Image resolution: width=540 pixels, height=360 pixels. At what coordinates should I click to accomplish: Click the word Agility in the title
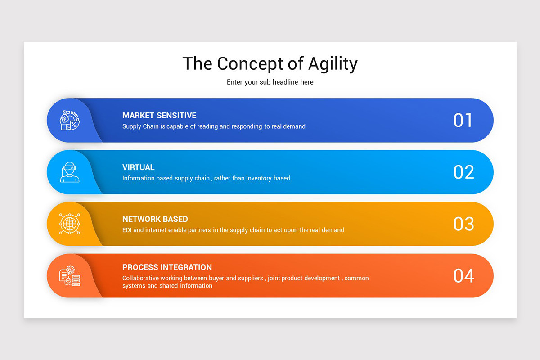coord(333,64)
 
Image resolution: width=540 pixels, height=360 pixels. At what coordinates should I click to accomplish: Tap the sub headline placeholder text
coord(270,82)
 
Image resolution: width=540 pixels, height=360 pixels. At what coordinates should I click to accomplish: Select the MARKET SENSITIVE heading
coord(159,116)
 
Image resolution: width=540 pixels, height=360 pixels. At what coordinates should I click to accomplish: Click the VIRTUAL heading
coord(138,167)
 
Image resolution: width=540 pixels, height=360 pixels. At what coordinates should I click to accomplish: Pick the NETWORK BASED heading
coord(155,219)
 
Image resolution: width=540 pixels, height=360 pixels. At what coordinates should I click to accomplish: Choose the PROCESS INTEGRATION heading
coord(167,267)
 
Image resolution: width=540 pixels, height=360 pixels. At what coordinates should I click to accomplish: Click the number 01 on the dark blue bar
coord(463,121)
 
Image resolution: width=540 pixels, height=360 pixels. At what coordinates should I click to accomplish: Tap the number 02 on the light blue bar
coord(463,172)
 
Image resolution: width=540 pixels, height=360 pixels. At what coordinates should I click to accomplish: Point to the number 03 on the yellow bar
coord(463,224)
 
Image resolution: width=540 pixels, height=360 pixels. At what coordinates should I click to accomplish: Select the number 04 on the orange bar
coord(463,276)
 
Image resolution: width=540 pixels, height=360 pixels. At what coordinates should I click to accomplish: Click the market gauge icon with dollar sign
coord(70,120)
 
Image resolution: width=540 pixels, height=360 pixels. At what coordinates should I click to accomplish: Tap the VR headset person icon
coord(70,172)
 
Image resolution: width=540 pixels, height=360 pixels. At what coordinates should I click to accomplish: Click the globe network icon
coord(70,224)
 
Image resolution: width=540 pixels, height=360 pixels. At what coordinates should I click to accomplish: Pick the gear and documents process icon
coord(70,275)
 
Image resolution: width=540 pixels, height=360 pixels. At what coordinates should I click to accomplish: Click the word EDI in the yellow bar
coord(128,230)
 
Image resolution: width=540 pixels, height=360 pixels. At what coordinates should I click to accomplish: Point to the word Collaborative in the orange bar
coord(140,278)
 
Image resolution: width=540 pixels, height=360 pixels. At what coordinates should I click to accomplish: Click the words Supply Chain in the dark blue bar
coord(140,126)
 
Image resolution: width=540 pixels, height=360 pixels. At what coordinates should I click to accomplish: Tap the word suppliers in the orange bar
coord(251,278)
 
